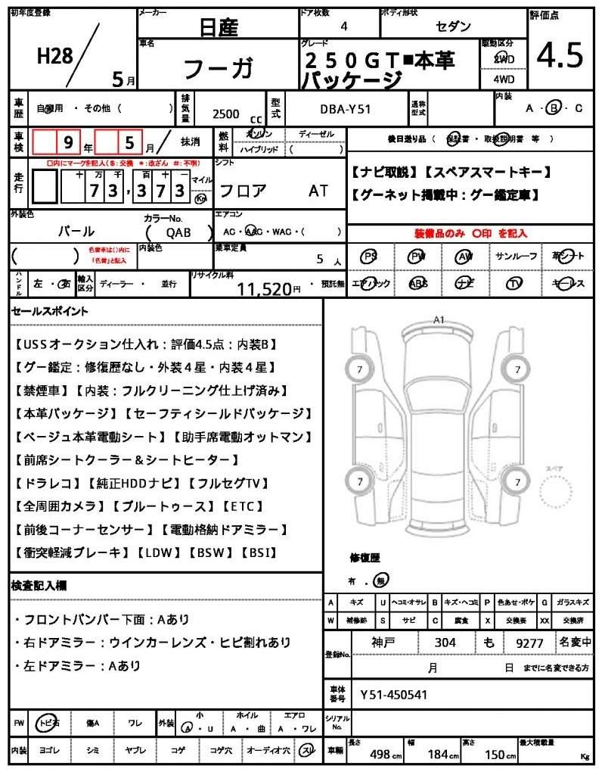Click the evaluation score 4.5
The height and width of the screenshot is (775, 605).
pos(560,56)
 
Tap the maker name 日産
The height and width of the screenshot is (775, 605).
pos(219,28)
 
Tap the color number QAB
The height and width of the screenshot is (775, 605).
pos(178,232)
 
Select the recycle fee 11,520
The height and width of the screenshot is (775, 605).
pos(264,288)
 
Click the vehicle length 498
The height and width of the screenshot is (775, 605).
pos(380,755)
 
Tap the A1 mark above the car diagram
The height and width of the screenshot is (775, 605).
pos(438,320)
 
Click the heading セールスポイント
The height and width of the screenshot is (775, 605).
pos(51,311)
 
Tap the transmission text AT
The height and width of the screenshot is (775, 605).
pos(318,191)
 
